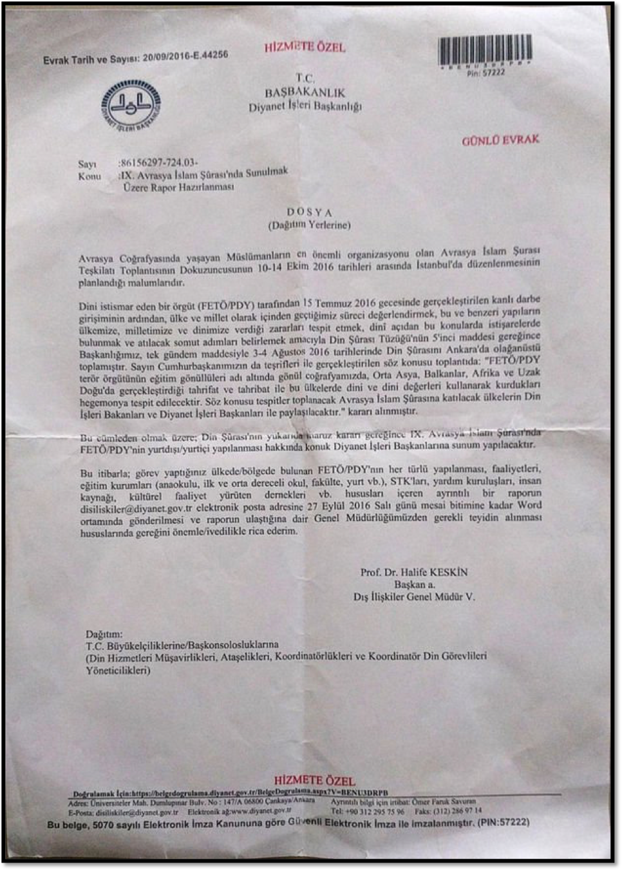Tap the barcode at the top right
click(485, 50)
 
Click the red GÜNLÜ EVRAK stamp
click(500, 140)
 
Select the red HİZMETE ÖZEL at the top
click(305, 47)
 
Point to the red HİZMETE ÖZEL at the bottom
click(314, 781)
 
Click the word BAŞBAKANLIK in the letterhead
click(305, 92)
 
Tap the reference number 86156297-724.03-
click(159, 162)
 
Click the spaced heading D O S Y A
click(309, 212)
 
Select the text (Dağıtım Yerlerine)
click(309, 225)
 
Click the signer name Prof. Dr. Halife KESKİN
click(414, 572)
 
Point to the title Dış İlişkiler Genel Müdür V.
click(414, 597)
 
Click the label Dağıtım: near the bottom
click(104, 634)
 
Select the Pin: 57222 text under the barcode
click(485, 73)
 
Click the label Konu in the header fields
click(90, 176)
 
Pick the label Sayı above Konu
click(87, 164)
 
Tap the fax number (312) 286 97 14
click(458, 811)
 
